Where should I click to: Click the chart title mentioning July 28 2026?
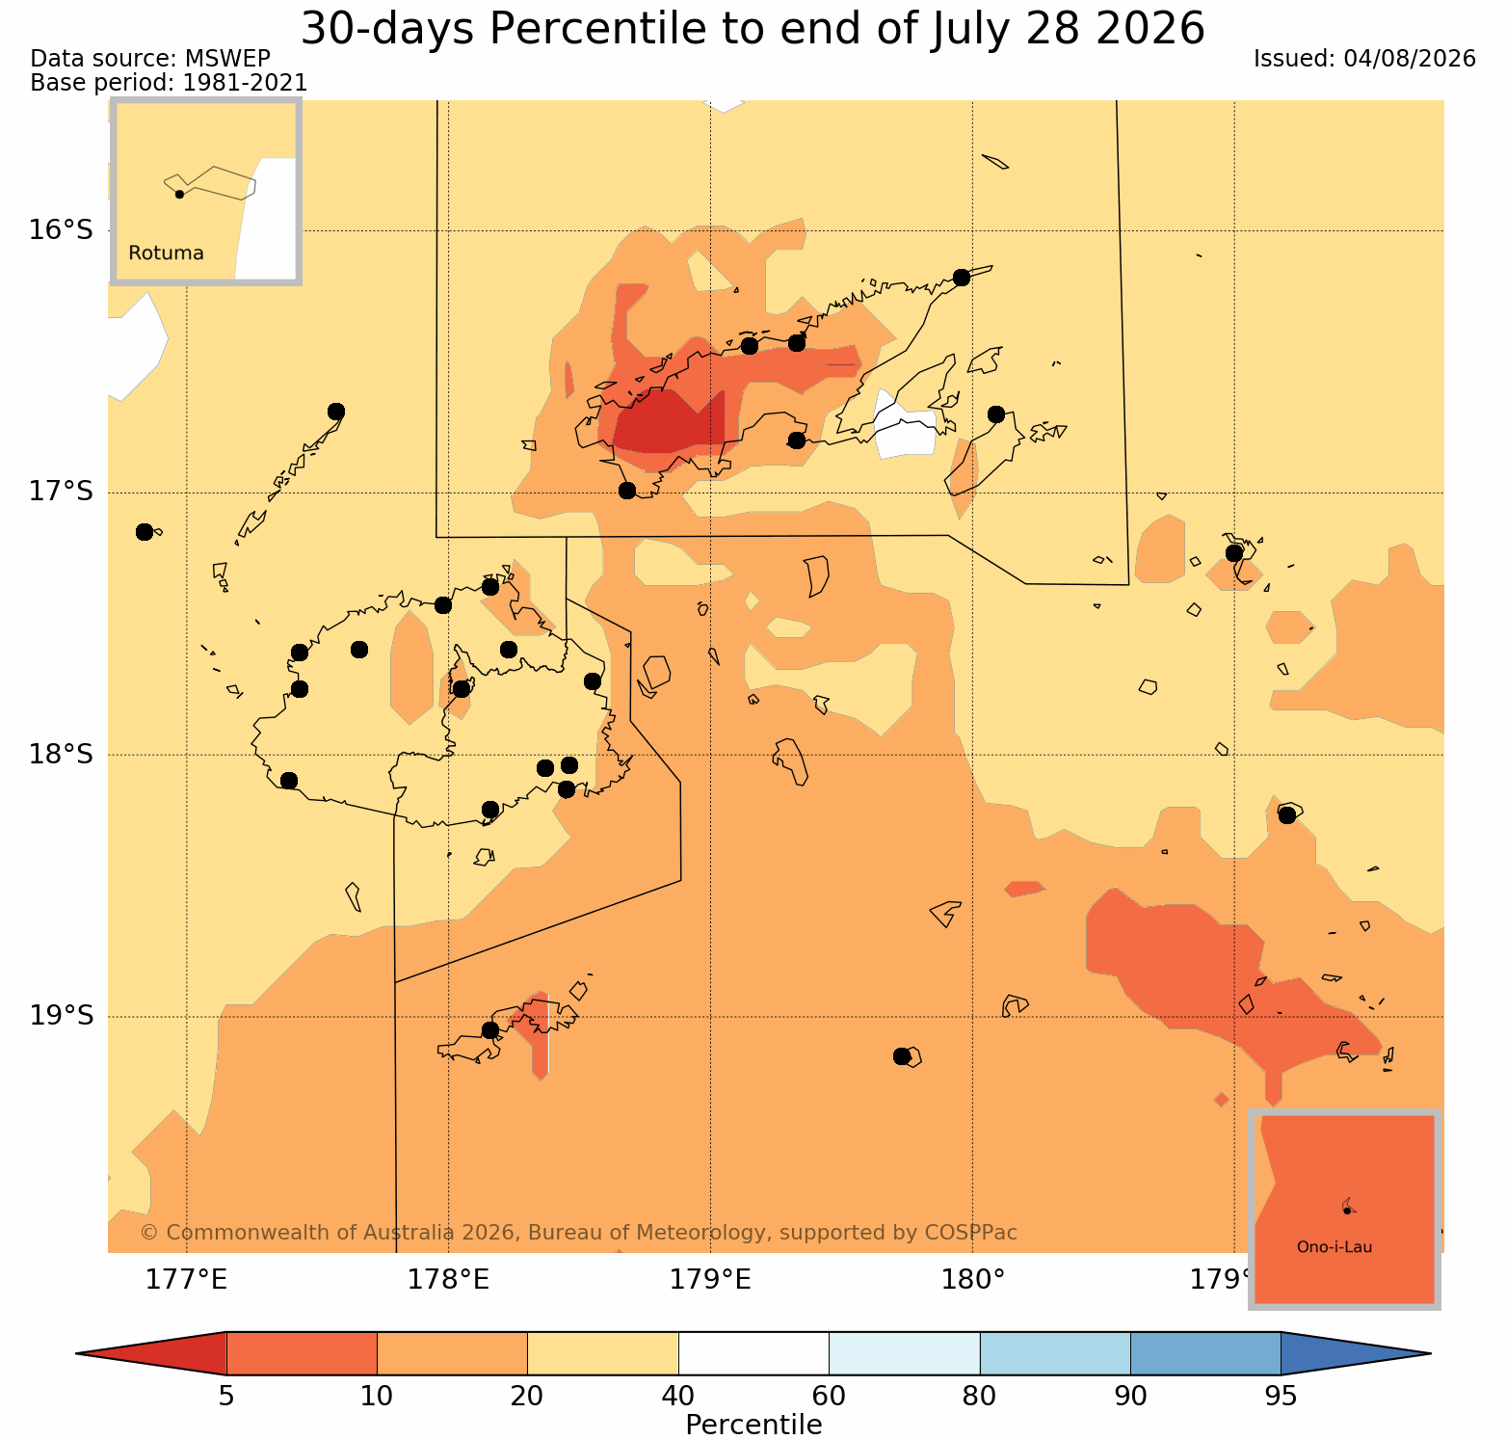[x=753, y=29]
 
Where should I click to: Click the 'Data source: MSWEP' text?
[x=150, y=59]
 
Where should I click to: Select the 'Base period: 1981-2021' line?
[x=170, y=84]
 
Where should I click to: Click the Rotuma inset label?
[x=166, y=253]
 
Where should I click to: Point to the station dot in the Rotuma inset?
[x=179, y=194]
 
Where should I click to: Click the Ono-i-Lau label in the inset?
[x=1334, y=1247]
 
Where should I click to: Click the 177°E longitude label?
[x=186, y=1280]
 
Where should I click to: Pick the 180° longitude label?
[x=972, y=1280]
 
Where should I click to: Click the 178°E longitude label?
[x=448, y=1280]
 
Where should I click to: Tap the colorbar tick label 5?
[x=226, y=1396]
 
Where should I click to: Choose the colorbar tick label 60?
[x=829, y=1396]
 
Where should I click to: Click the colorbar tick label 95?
[x=1281, y=1396]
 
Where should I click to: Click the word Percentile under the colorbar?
[x=753, y=1425]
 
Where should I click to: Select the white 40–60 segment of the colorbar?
[x=753, y=1353]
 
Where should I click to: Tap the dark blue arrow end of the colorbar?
[x=1355, y=1353]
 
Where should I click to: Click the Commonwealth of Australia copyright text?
[x=578, y=1233]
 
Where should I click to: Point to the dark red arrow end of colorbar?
[x=152, y=1353]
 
